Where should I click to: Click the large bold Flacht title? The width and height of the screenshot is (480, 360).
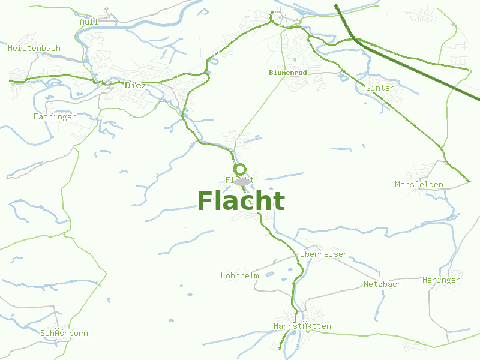[x=241, y=202]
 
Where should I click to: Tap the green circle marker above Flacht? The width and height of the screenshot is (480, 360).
[x=240, y=169]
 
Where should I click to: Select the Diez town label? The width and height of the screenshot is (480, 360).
[x=135, y=85]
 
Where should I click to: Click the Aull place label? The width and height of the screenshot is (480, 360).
[x=89, y=22]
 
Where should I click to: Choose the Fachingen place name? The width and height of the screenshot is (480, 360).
[x=55, y=116]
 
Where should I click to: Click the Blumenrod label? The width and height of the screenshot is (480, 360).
[x=288, y=73]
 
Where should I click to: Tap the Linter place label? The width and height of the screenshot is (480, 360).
[x=380, y=88]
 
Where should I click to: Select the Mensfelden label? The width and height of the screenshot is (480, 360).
[x=419, y=184]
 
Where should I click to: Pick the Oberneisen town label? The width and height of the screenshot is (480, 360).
[x=324, y=254]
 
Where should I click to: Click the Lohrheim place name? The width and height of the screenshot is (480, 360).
[x=239, y=276]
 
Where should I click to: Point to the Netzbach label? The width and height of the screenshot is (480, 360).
[x=383, y=284]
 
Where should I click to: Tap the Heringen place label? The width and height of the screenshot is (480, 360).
[x=441, y=280]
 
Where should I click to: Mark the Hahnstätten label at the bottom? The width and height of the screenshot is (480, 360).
[x=302, y=326]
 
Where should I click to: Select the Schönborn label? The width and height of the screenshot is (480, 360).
[x=64, y=333]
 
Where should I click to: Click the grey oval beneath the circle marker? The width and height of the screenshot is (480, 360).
[x=242, y=181]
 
